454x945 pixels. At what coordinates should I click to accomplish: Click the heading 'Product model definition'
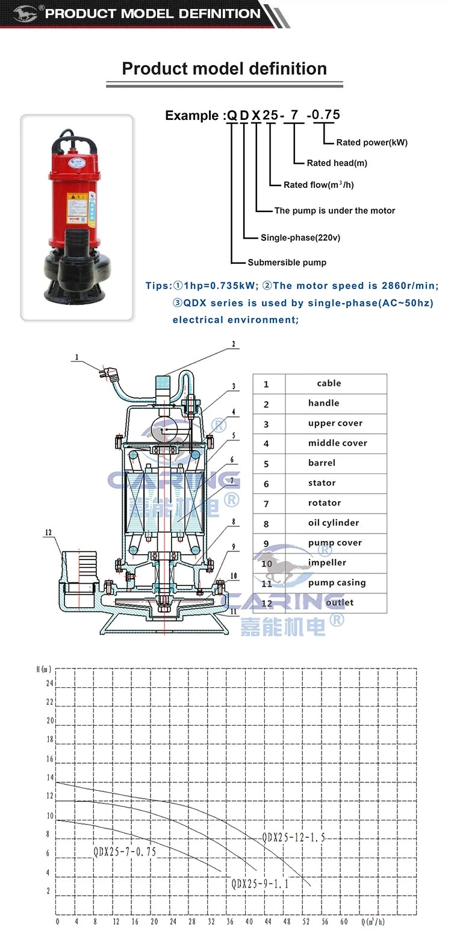224,69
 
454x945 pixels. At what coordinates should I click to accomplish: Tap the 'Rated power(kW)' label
372,143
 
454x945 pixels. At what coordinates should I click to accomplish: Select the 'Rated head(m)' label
337,163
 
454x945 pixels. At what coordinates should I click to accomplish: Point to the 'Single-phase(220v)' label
300,238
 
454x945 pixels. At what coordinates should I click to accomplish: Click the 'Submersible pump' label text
287,263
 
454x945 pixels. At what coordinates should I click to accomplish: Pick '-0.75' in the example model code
323,114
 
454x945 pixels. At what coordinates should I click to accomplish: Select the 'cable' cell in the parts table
329,384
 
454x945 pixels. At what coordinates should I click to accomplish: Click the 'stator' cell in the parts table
322,483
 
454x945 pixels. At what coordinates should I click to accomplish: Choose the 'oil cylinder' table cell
333,523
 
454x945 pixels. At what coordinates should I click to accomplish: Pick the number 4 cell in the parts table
266,444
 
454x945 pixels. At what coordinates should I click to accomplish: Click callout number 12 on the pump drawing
48,532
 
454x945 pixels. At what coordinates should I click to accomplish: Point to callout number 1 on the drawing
76,357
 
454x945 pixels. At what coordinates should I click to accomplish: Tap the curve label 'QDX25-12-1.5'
293,838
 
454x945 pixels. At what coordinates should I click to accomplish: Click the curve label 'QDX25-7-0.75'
124,852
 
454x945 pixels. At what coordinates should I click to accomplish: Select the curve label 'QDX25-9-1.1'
260,884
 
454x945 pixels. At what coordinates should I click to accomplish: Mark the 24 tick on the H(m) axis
49,684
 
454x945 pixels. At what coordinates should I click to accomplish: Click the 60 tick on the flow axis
343,922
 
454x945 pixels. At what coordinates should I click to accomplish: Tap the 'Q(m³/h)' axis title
373,922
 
